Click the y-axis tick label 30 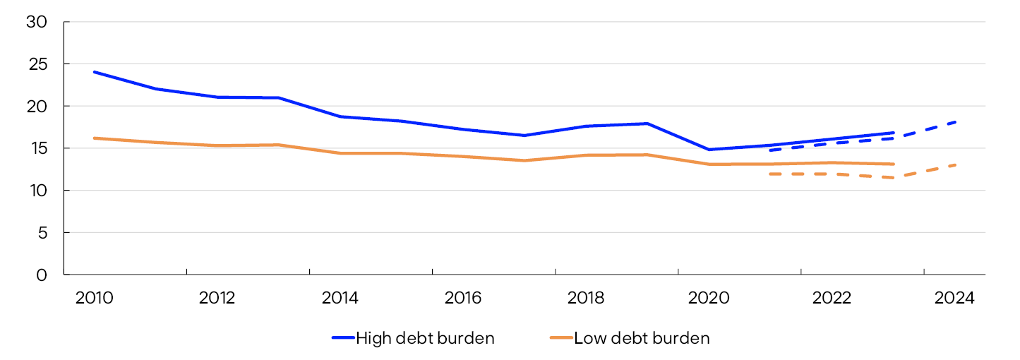tap(36, 22)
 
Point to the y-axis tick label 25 tap(36, 64)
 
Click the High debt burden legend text tap(425, 338)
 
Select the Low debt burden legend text tap(642, 338)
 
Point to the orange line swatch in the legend tap(560, 338)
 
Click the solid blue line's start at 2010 tap(95, 72)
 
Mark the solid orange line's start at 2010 tap(95, 138)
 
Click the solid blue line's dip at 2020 tap(709, 150)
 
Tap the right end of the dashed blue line tap(956, 122)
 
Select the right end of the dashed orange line tap(956, 165)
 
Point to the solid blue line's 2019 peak tap(647, 124)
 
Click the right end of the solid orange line tap(894, 164)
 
